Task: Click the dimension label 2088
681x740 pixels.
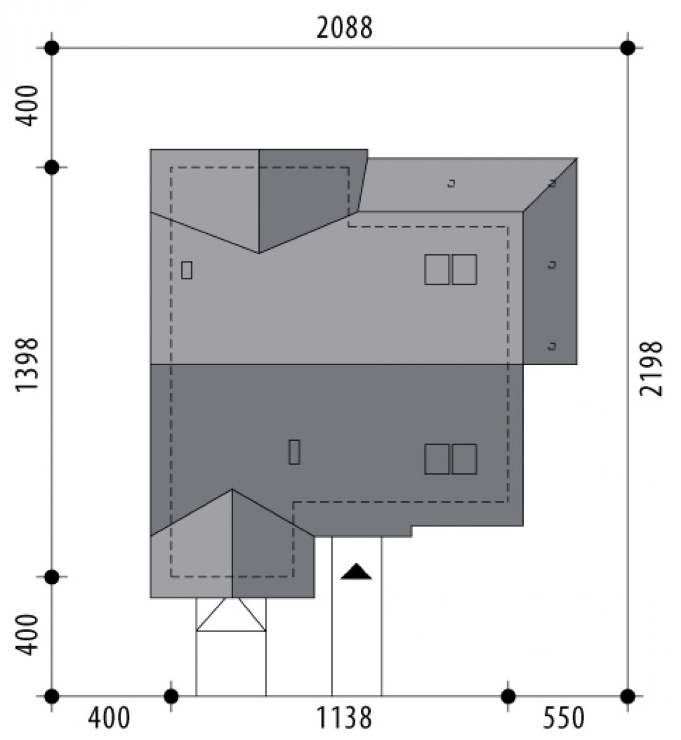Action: tap(344, 28)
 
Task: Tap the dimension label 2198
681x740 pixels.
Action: tap(651, 369)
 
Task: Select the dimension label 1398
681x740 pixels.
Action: tap(27, 364)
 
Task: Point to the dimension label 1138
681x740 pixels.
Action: tap(344, 718)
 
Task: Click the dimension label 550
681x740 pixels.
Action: tap(564, 718)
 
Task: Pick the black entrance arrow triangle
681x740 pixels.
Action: tap(356, 572)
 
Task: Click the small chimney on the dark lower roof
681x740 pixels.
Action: tap(294, 452)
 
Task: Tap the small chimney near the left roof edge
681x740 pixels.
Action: tap(186, 270)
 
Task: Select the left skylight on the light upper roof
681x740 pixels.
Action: tap(437, 269)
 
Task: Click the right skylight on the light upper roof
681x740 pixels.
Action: tap(464, 269)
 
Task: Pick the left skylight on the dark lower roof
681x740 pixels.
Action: tap(437, 459)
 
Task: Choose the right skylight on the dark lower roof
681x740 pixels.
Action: tap(464, 459)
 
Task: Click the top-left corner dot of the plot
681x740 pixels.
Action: tap(52, 48)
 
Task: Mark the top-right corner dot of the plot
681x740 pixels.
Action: tap(627, 48)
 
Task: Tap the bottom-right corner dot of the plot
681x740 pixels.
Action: tap(627, 696)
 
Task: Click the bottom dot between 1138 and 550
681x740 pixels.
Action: tap(508, 696)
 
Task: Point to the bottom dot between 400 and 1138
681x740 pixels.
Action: tap(170, 696)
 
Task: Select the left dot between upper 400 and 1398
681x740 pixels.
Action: tap(52, 168)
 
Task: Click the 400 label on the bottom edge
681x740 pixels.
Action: tap(109, 718)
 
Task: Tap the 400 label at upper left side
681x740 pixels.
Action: tap(27, 106)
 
